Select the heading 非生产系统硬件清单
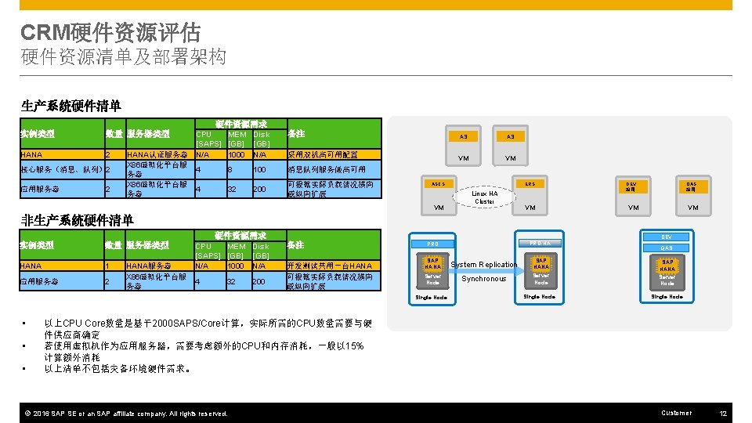(78, 220)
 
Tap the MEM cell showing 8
(230, 169)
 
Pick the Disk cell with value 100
(261, 169)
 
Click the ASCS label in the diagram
(438, 184)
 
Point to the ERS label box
(530, 184)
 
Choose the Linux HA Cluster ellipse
(484, 197)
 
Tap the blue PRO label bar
(433, 244)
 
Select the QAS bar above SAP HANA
(667, 248)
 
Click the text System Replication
(483, 265)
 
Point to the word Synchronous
(484, 279)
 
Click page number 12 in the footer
(724, 413)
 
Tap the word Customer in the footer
(676, 413)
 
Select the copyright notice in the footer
(125, 414)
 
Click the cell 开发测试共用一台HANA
(330, 266)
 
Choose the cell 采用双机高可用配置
(323, 155)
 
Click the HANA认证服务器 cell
(157, 155)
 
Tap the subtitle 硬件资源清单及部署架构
(124, 57)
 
